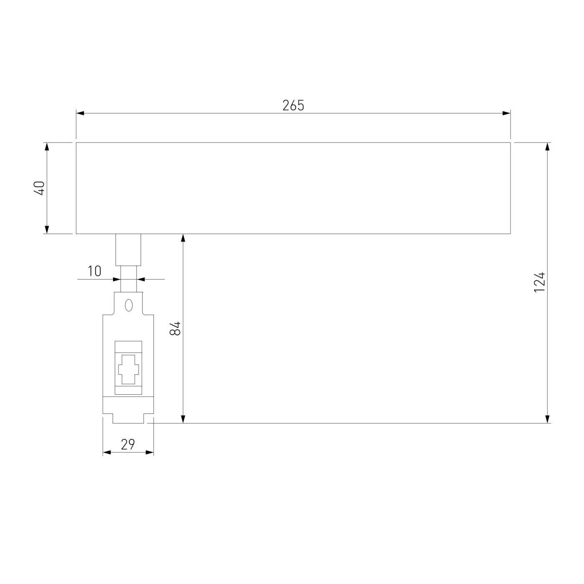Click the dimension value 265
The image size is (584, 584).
click(293, 105)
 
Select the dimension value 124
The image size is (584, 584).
click(539, 282)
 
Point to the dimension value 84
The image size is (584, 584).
click(175, 328)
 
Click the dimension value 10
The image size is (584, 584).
click(95, 271)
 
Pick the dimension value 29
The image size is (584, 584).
click(128, 444)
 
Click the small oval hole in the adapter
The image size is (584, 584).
click(128, 305)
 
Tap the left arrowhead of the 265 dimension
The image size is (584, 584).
click(80, 113)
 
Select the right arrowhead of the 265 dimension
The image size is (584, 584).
click(506, 113)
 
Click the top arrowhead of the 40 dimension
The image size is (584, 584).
click(47, 147)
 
